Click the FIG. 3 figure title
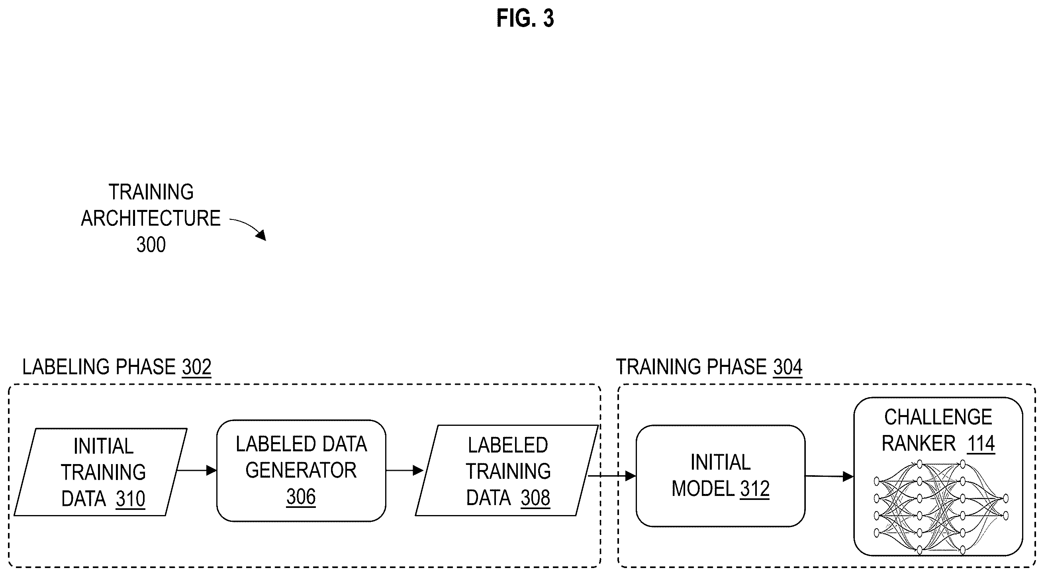[x=525, y=18]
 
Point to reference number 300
[x=151, y=245]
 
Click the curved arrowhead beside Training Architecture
[x=261, y=235]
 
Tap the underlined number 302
[x=196, y=367]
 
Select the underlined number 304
[x=787, y=367]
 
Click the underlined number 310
[x=130, y=499]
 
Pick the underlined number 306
[x=301, y=497]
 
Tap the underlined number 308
[x=535, y=498]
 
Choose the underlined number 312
[x=755, y=488]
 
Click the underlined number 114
[x=981, y=443]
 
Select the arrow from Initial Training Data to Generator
[x=196, y=470]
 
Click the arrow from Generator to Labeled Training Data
[x=404, y=470]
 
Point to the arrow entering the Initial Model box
[x=612, y=476]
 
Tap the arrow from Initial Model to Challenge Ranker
[x=829, y=476]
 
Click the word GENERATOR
[x=301, y=470]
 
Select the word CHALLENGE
[x=938, y=417]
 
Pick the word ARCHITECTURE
[x=151, y=218]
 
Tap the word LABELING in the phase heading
[x=66, y=367]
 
